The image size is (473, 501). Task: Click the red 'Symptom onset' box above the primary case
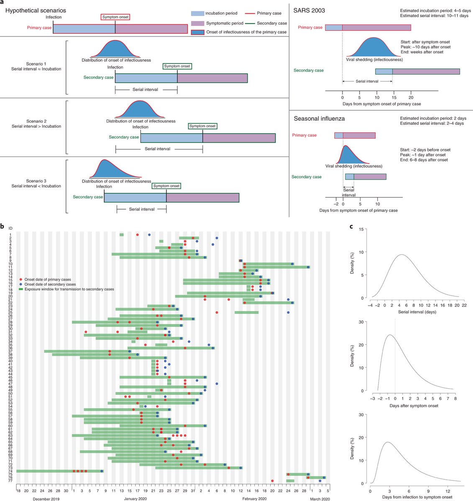tap(115, 17)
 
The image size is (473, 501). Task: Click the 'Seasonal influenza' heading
tap(319, 119)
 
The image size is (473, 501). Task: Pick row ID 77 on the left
tap(10, 481)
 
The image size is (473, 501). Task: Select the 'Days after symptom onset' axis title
tap(414, 406)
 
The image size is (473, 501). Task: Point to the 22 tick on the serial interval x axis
tap(464, 305)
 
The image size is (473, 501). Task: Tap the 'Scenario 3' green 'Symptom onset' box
tap(166, 186)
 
